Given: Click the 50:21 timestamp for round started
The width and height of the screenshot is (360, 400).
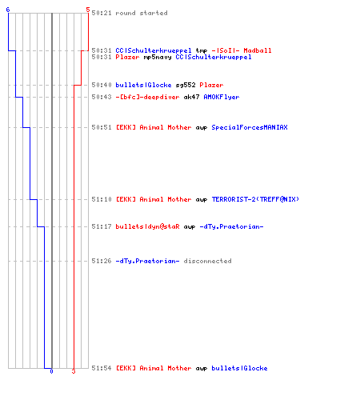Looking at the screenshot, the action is click(x=102, y=13).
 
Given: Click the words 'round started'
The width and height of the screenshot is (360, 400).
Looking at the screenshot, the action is click(x=142, y=13).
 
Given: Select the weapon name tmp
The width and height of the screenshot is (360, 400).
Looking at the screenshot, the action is click(x=202, y=50).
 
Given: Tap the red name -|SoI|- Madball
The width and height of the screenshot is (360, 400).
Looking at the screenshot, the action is click(x=242, y=50).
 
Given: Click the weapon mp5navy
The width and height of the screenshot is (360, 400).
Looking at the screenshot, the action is click(x=158, y=57).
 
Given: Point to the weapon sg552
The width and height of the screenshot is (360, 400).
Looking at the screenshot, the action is click(x=186, y=85).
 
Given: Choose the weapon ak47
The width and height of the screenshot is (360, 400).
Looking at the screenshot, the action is click(x=191, y=97).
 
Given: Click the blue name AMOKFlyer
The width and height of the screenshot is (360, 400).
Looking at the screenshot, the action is click(x=222, y=97).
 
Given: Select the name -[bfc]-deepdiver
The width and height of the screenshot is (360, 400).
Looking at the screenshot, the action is click(x=147, y=97).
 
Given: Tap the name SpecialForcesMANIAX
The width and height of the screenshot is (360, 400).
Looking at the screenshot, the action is click(x=250, y=127).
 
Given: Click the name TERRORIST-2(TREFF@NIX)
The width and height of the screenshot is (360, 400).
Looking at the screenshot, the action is click(x=255, y=199).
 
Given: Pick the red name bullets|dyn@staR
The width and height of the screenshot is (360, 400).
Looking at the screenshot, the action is click(x=147, y=226).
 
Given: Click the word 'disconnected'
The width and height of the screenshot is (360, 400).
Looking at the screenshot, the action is click(x=207, y=261).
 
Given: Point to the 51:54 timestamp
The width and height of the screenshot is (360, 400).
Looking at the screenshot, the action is click(x=102, y=368).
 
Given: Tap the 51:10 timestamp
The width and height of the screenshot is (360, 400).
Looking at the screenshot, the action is click(x=102, y=199).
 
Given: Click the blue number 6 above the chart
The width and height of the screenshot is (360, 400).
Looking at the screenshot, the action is click(x=8, y=10).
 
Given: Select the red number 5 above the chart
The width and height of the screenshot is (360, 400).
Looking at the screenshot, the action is click(x=88, y=10).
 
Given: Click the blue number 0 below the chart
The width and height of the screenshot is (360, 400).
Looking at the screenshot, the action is click(x=51, y=371).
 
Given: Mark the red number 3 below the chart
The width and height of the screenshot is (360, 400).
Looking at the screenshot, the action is click(x=74, y=371).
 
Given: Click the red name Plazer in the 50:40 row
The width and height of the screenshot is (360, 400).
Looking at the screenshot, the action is click(x=211, y=85).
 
